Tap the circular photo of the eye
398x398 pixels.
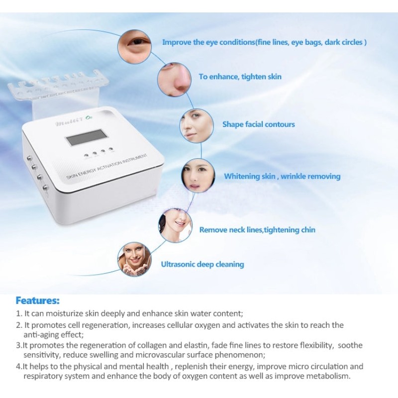pos(134,46)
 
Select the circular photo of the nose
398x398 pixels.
pos(174,80)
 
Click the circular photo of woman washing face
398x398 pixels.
pos(134,259)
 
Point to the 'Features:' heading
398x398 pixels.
pos(38,300)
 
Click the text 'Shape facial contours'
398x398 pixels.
pos(259,124)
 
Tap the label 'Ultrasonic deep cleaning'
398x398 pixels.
pos(202,264)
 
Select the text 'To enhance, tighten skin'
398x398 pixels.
pos(240,77)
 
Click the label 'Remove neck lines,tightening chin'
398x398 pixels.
pos(257,230)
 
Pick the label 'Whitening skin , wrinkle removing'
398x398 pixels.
pos(282,176)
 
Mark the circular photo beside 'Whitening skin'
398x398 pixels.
pos(198,176)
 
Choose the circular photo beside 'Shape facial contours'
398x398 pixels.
pos(197,126)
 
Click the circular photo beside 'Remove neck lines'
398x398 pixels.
pos(175,225)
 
